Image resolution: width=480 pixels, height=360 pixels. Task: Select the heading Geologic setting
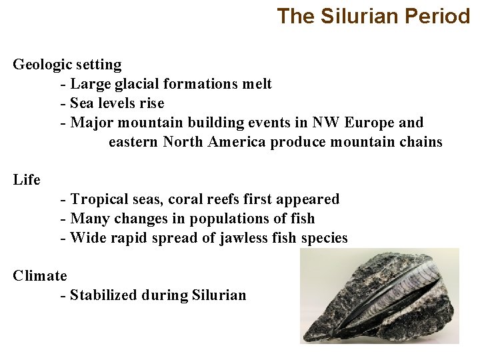pos(67,65)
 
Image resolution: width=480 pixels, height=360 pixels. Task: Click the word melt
pos(257,84)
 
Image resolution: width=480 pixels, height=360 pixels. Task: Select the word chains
pos(419,142)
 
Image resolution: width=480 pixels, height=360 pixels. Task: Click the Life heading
pos(27,180)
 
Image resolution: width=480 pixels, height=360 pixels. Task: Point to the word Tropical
pos(100,199)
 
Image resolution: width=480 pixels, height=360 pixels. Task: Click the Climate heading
pos(40,276)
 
